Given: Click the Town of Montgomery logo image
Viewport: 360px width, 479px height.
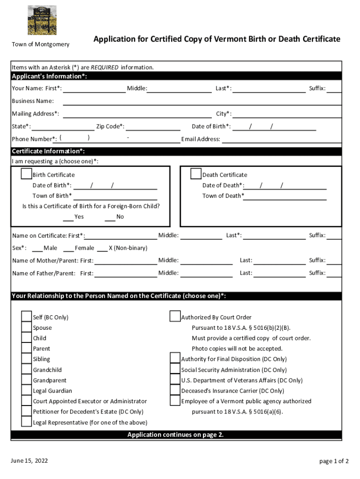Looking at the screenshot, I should coord(42,20).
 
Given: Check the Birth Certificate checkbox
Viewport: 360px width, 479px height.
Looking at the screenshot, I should coord(27,174).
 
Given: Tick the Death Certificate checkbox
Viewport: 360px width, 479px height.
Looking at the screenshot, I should coord(196,174).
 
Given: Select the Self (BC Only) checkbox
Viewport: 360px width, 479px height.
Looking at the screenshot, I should coord(27,317).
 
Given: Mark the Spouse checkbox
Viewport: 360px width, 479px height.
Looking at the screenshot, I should coord(27,327).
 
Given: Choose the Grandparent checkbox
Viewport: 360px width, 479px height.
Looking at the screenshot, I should coord(27,380).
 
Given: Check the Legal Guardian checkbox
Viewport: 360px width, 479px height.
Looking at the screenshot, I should coord(27,390).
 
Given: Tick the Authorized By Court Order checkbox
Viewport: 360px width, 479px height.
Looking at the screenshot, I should coord(175,317).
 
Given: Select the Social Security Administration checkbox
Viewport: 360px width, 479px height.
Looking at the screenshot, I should coord(175,370).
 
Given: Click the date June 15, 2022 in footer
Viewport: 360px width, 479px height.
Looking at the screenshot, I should coord(29,461).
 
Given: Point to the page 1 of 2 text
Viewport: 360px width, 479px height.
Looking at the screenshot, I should coord(334,461).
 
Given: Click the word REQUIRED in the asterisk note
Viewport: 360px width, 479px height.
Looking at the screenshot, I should coord(105,67).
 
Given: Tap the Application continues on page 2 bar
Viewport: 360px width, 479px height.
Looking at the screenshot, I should coord(176,435).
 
